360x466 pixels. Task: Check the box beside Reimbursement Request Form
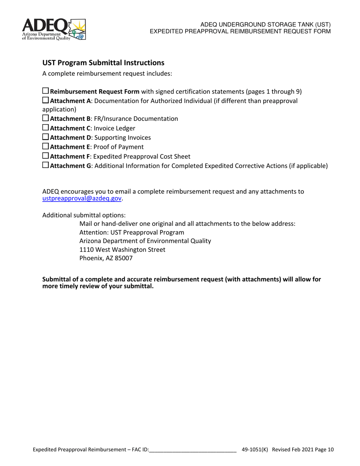pyautogui.click(x=45, y=91)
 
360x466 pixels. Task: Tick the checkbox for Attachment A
pyautogui.click(x=45, y=100)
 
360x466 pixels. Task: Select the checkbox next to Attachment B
pyautogui.click(x=45, y=118)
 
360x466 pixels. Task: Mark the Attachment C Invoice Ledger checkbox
pyautogui.click(x=45, y=128)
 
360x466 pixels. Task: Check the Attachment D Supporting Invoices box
pyautogui.click(x=45, y=137)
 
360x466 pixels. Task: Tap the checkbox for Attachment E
pyautogui.click(x=45, y=146)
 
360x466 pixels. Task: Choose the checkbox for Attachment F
pyautogui.click(x=45, y=156)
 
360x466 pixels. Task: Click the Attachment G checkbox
pyautogui.click(x=45, y=165)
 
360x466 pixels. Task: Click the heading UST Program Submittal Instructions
pyautogui.click(x=103, y=63)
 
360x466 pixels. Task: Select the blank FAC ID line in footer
pyautogui.click(x=193, y=450)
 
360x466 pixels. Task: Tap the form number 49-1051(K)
pyautogui.click(x=255, y=450)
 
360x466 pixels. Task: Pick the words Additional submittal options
pyautogui.click(x=84, y=215)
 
